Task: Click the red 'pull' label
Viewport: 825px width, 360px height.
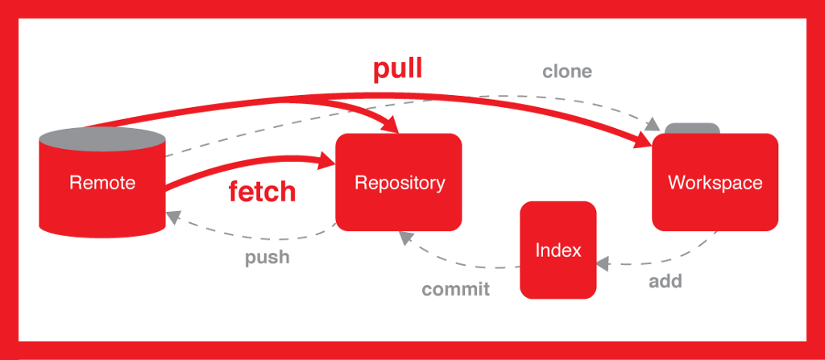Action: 397,69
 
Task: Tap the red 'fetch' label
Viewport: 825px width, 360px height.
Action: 262,192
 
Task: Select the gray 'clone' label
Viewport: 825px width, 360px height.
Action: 566,71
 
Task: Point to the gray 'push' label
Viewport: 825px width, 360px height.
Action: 267,259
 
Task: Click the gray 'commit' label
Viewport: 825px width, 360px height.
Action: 455,289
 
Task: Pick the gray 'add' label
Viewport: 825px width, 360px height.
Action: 665,281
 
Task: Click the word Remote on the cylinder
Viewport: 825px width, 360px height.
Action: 102,182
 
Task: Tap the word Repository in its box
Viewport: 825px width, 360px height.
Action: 399,182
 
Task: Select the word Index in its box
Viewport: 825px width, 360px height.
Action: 558,250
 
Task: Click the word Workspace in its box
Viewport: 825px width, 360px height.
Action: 715,182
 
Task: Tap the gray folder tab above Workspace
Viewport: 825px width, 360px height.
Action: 692,128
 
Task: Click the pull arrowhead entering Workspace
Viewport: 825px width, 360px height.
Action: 644,143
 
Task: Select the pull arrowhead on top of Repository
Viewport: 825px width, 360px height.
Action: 392,126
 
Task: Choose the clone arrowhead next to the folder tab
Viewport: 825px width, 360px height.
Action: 653,125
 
